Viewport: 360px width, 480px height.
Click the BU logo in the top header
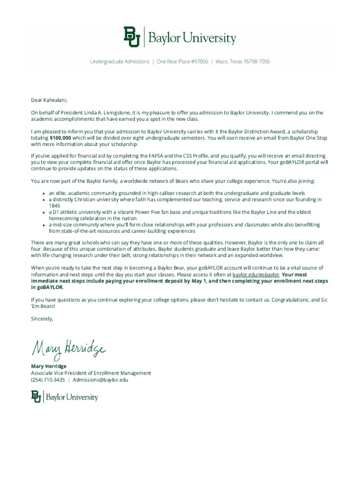(132, 37)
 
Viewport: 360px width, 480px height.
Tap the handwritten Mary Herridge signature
(68, 348)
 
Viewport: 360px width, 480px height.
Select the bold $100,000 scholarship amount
(60, 138)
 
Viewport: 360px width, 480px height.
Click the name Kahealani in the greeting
(55, 99)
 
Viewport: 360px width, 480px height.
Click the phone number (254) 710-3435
(48, 380)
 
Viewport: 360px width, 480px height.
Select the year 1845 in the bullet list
(55, 205)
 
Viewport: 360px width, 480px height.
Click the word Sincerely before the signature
(42, 319)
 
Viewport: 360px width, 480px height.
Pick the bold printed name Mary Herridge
(49, 366)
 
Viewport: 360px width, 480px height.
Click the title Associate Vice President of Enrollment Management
(91, 373)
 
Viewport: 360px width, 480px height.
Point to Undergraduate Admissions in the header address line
(120, 61)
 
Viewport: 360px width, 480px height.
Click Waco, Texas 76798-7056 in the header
(243, 61)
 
